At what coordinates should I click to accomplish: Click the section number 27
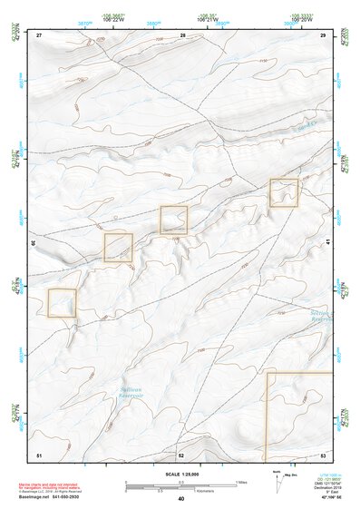[39, 34]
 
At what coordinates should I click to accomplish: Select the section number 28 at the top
[182, 34]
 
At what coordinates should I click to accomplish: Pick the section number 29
[323, 34]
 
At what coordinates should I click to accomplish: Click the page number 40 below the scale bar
[181, 498]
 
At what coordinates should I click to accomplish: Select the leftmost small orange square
[62, 302]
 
